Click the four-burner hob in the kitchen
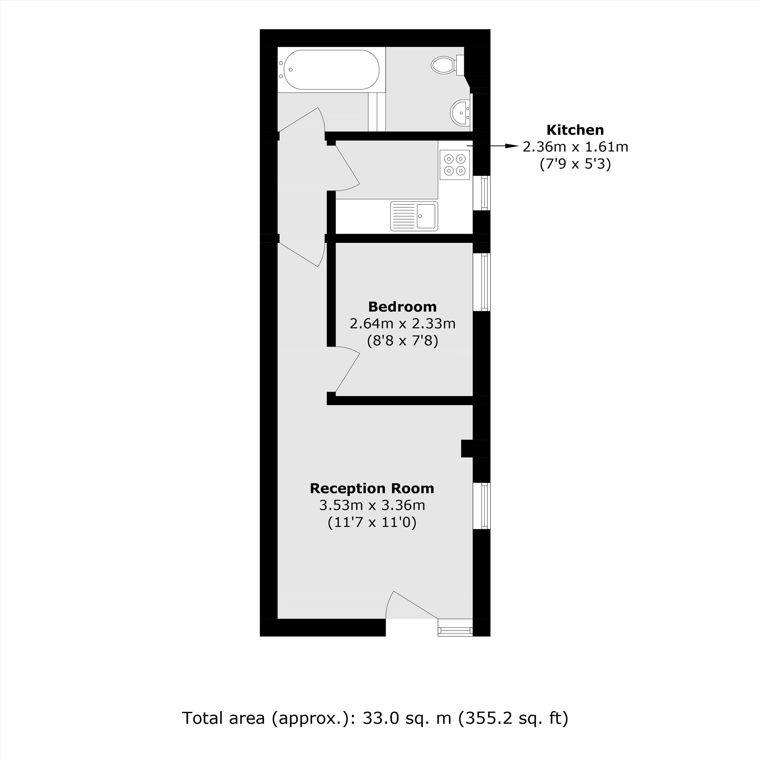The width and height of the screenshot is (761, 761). (455, 165)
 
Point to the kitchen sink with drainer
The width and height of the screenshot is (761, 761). (414, 216)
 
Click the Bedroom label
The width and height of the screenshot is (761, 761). (402, 306)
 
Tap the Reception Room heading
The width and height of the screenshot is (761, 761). (372, 489)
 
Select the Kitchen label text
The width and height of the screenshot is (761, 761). (575, 130)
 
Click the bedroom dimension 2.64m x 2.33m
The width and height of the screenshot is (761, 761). (402, 324)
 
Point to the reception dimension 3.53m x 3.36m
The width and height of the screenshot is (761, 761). (372, 505)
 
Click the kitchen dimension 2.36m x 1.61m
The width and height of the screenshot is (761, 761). (575, 147)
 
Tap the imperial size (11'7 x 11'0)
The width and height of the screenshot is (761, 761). (372, 522)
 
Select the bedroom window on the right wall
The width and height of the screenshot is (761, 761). (482, 282)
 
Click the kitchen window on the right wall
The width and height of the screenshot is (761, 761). (482, 193)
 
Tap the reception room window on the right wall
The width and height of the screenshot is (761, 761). (482, 506)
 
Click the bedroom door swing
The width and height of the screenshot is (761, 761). (347, 370)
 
